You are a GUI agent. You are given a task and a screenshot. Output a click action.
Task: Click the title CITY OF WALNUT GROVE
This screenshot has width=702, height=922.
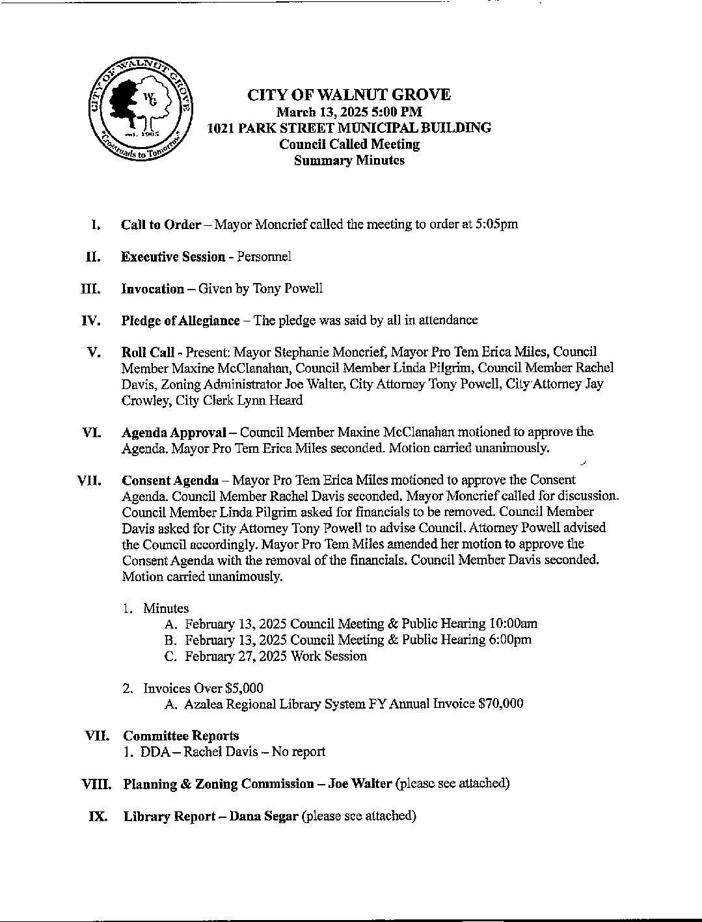349,95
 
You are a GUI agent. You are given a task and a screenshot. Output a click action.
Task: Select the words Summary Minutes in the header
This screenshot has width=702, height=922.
349,160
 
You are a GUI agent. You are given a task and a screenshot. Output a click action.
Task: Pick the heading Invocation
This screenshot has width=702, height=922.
152,288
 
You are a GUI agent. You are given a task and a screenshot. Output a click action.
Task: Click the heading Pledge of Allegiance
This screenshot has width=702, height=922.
180,320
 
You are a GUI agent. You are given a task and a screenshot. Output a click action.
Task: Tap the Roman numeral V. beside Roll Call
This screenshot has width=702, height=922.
94,352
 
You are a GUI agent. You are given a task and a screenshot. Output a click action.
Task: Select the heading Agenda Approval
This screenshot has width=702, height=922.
174,432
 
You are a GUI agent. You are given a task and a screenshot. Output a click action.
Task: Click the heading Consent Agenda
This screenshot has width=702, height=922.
170,480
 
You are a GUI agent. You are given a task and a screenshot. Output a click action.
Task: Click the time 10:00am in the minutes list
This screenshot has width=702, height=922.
513,624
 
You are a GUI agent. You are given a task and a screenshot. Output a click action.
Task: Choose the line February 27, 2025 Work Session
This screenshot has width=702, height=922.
275,656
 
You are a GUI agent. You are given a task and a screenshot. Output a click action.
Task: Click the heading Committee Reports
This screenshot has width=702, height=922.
181,736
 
